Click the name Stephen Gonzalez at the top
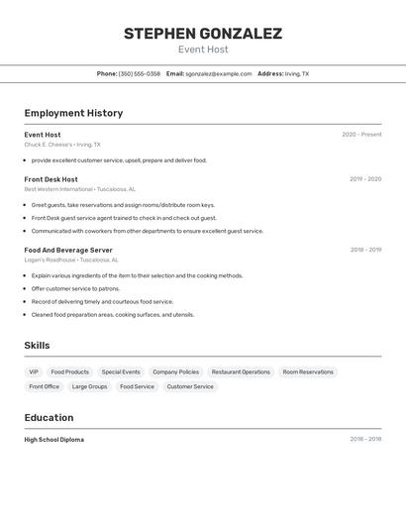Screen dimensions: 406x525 pyautogui.click(x=203, y=34)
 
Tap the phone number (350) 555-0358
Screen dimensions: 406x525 pyautogui.click(x=139, y=73)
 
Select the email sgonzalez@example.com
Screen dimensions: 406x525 pyautogui.click(x=218, y=73)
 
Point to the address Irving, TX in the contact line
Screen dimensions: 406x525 pyautogui.click(x=296, y=73)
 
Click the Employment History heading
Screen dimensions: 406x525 pyautogui.click(x=73, y=113)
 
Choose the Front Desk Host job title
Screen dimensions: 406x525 pyautogui.click(x=51, y=179)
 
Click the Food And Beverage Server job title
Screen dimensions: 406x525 pyautogui.click(x=68, y=250)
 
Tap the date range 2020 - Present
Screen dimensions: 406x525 pyautogui.click(x=361, y=135)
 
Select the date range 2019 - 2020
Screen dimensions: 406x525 pyautogui.click(x=365, y=179)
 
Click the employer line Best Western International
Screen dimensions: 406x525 pyautogui.click(x=79, y=189)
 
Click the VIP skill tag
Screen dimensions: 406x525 pyautogui.click(x=35, y=371)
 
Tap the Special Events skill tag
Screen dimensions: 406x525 pyautogui.click(x=121, y=371)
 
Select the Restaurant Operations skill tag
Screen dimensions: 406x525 pyautogui.click(x=241, y=371)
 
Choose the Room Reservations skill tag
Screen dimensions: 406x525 pyautogui.click(x=308, y=371)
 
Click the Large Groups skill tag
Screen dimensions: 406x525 pyautogui.click(x=89, y=386)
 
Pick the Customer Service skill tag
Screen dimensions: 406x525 pyautogui.click(x=190, y=386)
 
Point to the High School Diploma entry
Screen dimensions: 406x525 pyautogui.click(x=53, y=439)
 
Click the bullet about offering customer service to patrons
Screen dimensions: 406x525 pyautogui.click(x=75, y=288)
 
